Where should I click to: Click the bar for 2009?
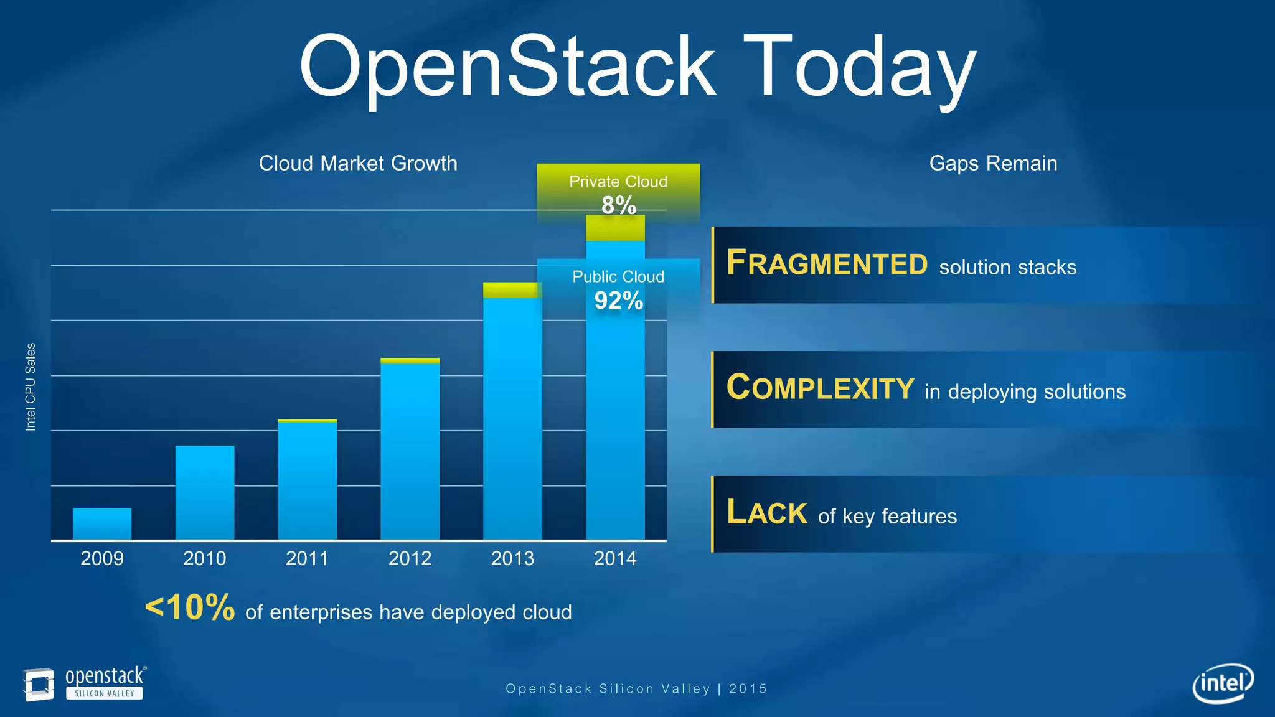102,523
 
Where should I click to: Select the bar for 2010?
205,492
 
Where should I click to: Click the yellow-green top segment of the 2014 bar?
615,228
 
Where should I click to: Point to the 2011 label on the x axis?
307,558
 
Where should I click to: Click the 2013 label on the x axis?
512,558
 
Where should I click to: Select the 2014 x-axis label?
615,558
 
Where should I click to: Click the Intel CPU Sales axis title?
30,387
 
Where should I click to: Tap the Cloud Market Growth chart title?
358,163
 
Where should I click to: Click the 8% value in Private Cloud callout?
618,205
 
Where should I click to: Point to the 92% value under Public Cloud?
618,301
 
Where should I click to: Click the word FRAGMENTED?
827,263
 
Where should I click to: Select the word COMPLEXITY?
820,388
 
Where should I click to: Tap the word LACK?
766,512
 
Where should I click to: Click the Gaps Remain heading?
993,163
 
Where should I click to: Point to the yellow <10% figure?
190,607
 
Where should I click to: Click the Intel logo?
1223,683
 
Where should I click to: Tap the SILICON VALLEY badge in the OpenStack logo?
105,693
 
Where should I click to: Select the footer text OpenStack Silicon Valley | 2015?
636,688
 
